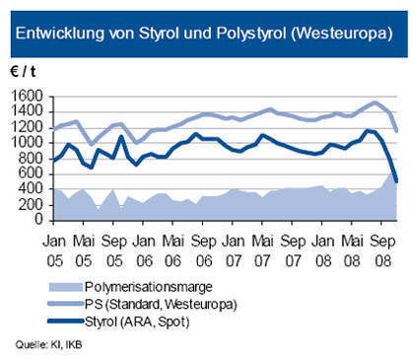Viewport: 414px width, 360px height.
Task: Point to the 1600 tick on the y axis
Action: tap(31, 96)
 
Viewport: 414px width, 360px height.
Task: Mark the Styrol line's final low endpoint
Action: tap(397, 180)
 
